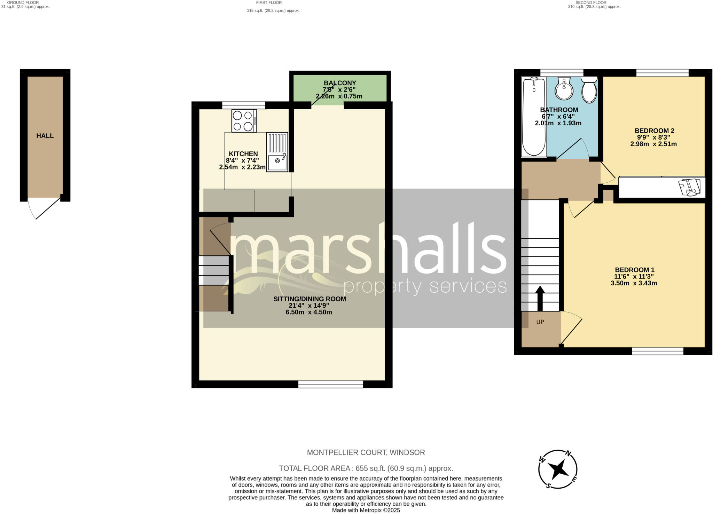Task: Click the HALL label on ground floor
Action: (x=45, y=136)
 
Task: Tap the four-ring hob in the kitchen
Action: (x=244, y=121)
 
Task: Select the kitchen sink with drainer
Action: (x=277, y=152)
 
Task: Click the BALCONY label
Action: (x=340, y=83)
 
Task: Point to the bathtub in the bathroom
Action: (x=534, y=117)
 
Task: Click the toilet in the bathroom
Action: (x=589, y=90)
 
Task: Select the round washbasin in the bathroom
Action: (x=564, y=89)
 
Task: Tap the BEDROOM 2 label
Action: (x=654, y=131)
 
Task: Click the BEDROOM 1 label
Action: (x=634, y=270)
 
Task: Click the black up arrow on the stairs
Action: (x=540, y=298)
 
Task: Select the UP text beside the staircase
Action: (x=540, y=322)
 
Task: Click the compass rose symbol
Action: (x=558, y=469)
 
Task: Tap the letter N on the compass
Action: (x=568, y=453)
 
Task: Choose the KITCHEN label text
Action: (x=243, y=154)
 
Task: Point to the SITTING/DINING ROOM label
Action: (x=310, y=299)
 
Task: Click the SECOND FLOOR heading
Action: (x=591, y=2)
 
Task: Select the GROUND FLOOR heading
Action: (x=23, y=2)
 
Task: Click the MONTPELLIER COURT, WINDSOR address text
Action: (x=366, y=452)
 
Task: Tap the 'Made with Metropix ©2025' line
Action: (x=366, y=511)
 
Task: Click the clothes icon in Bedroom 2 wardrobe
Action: (x=689, y=187)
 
